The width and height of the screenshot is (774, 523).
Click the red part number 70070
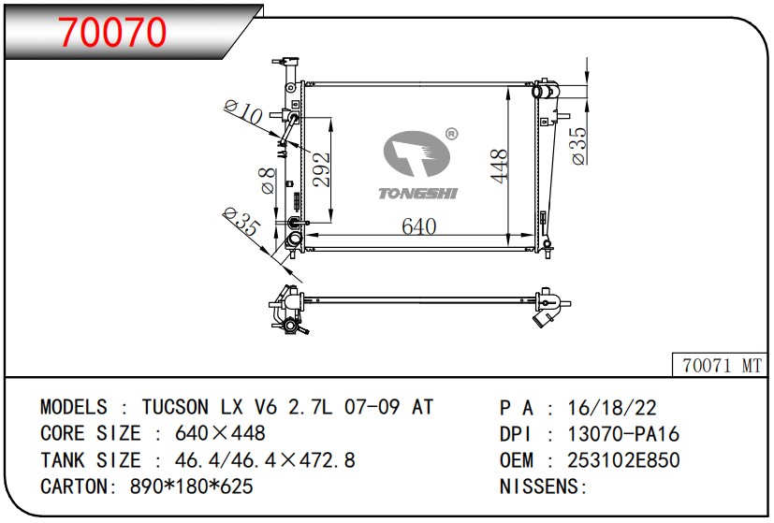pos(112,32)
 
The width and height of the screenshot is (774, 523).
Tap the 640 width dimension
pos(418,226)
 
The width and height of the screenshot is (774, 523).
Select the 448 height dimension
pos(500,166)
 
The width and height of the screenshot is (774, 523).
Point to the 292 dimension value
pos(321,169)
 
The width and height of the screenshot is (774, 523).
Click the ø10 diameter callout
pos(242,111)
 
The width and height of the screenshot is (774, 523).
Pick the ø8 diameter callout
pos(268,181)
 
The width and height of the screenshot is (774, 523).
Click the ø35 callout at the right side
pos(579,146)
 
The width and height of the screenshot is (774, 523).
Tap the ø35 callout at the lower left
pos(241,221)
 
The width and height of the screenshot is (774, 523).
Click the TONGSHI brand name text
pos(418,194)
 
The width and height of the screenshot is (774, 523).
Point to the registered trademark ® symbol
pos(451,134)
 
